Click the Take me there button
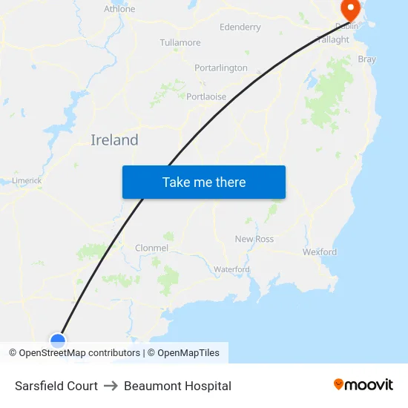[x=203, y=182]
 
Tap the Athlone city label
[x=119, y=9]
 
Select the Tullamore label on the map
[x=180, y=42]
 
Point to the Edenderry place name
[x=240, y=27]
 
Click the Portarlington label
[x=221, y=68]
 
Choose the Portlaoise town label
[x=206, y=96]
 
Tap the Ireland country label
[x=114, y=139]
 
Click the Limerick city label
[x=27, y=180]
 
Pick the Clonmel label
[x=151, y=248]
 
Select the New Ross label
[x=254, y=239]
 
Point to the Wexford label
[x=319, y=252]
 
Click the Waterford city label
[x=231, y=269]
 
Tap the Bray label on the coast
[x=366, y=59]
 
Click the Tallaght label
[x=332, y=40]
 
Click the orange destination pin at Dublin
[x=349, y=10]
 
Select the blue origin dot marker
[x=58, y=340]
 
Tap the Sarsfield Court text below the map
[x=56, y=386]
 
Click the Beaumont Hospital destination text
[x=177, y=386]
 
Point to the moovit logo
[x=363, y=384]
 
